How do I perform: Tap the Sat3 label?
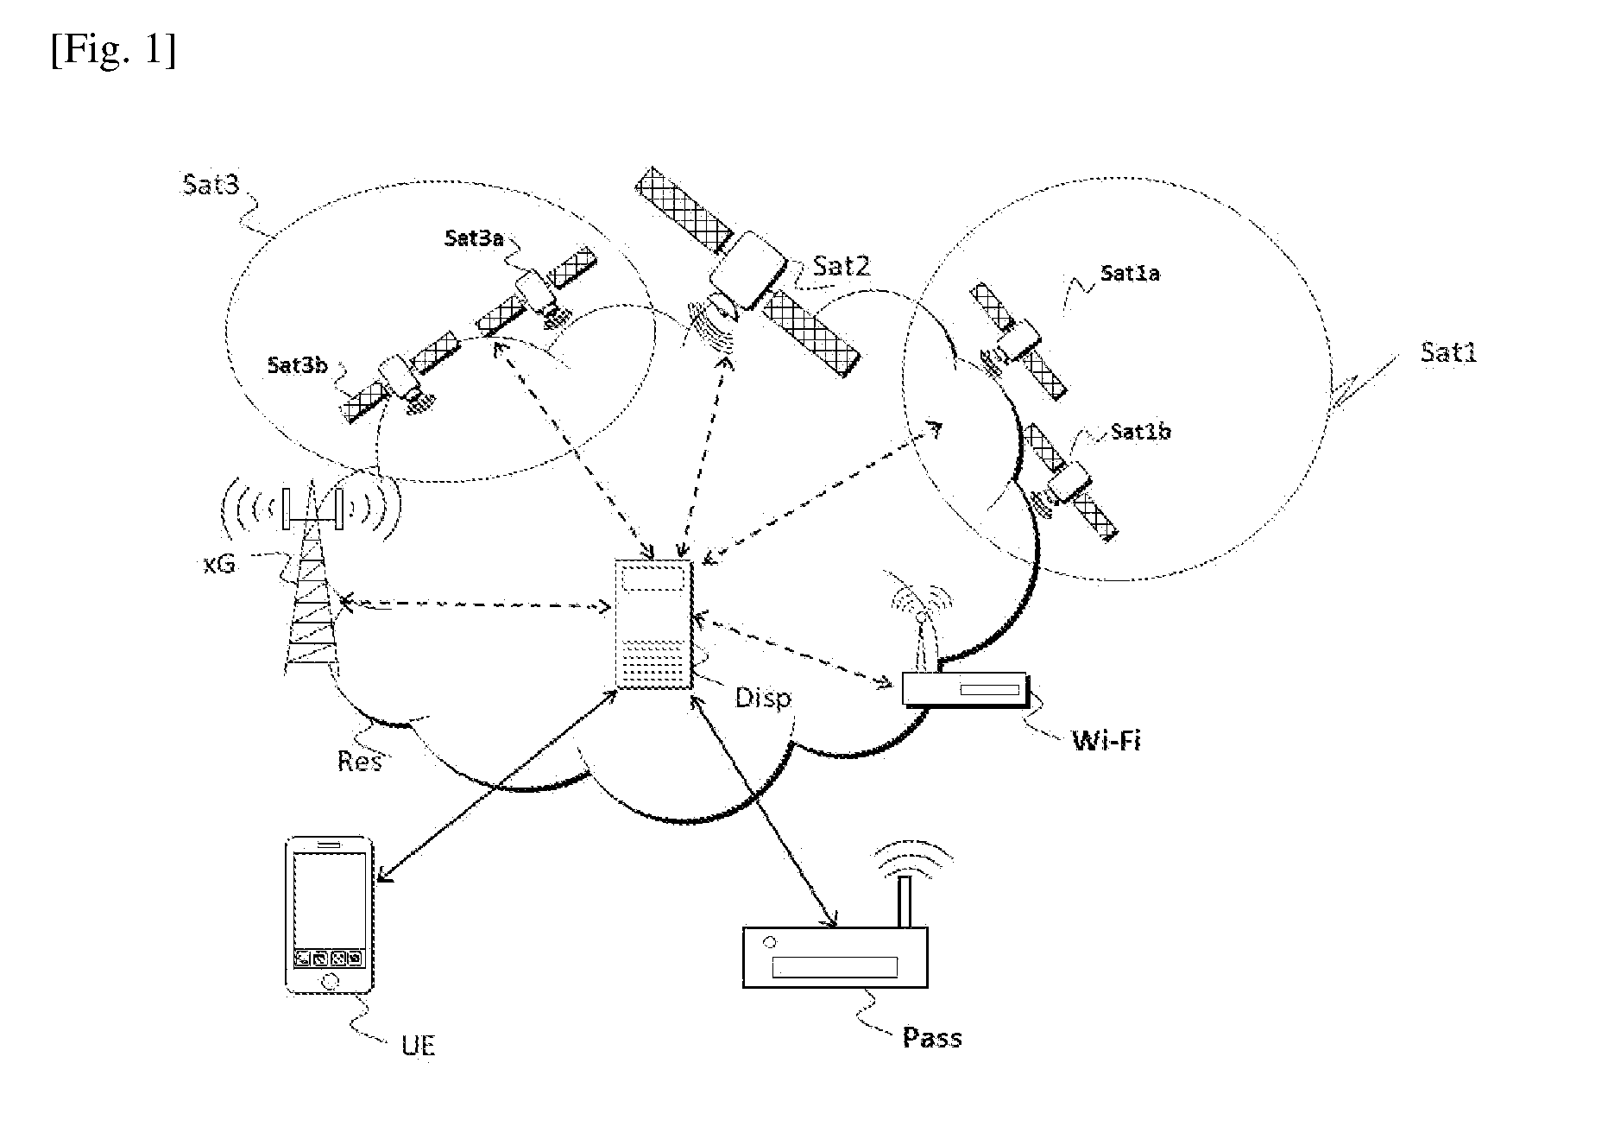[x=210, y=184]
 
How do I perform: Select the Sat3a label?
[x=474, y=237]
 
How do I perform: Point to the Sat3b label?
[x=297, y=364]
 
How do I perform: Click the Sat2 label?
[x=841, y=265]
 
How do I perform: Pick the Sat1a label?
[x=1130, y=274]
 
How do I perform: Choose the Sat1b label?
[x=1140, y=431]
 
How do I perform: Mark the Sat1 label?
[x=1448, y=352]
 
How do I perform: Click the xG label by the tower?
[x=218, y=566]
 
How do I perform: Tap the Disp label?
[x=763, y=697]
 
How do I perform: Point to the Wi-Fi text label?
[x=1106, y=740]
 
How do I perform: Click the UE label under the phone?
[x=419, y=1046]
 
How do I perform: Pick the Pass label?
[x=932, y=1037]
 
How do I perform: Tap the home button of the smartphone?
[x=329, y=980]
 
